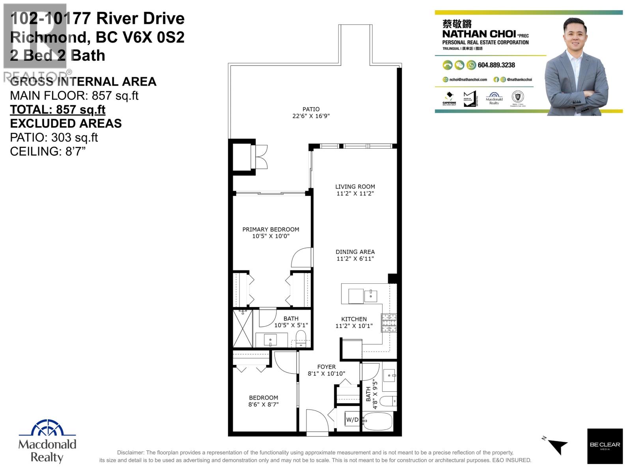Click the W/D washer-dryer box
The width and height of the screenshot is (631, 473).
[352, 420]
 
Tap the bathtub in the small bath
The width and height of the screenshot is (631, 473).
[377, 422]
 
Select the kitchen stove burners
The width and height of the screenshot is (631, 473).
[388, 322]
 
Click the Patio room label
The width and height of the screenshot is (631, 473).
[311, 109]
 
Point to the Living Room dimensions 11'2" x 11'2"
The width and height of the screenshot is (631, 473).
[355, 194]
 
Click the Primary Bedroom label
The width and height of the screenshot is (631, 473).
[271, 229]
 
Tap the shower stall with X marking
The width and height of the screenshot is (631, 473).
[242, 328]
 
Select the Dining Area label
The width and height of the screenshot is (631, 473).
[355, 252]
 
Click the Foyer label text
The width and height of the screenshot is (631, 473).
[326, 367]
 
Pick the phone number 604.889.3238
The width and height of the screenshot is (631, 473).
[496, 65]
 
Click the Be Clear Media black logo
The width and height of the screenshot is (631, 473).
[605, 446]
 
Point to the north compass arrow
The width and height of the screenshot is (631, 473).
[557, 446]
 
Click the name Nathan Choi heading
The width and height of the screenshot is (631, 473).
[479, 34]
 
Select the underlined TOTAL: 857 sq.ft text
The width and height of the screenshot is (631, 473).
[58, 110]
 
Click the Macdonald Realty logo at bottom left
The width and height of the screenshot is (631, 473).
[47, 441]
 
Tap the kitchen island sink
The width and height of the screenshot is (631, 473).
[371, 295]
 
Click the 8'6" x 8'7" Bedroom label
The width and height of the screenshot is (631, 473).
[263, 401]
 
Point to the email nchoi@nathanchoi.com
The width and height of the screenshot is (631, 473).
[468, 80]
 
